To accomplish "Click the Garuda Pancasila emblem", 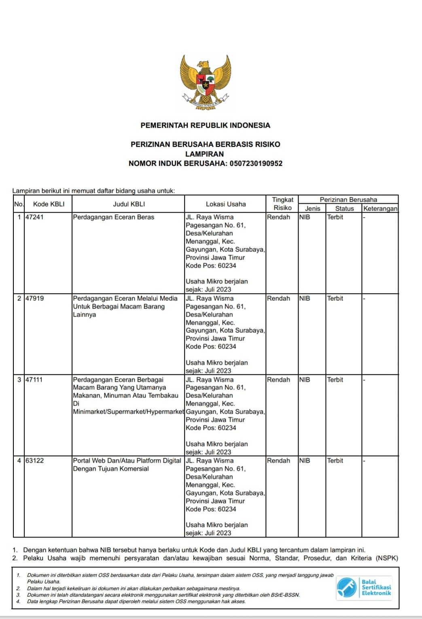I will [x=206, y=82].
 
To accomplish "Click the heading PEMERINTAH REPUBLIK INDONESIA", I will [x=205, y=125].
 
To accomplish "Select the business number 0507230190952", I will [x=256, y=164].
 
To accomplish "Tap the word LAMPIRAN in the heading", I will [x=204, y=154].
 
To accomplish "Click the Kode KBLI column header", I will [x=49, y=204].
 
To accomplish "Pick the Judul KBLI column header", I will [x=129, y=204].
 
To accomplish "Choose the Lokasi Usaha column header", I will [x=226, y=204].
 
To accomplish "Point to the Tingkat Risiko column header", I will [x=282, y=204].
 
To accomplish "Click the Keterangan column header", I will [x=380, y=209].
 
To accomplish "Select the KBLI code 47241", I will [x=34, y=217].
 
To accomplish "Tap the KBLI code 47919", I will [x=35, y=298].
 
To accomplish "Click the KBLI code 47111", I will [x=34, y=380].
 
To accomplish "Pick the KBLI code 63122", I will [x=35, y=461].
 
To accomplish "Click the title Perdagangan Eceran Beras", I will [x=114, y=217].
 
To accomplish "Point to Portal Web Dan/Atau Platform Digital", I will [x=127, y=461].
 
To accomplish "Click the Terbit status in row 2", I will [x=335, y=298].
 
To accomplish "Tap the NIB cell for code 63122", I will [x=305, y=461].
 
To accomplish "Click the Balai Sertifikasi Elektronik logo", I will [x=364, y=587].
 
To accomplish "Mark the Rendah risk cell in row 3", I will [x=278, y=380].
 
